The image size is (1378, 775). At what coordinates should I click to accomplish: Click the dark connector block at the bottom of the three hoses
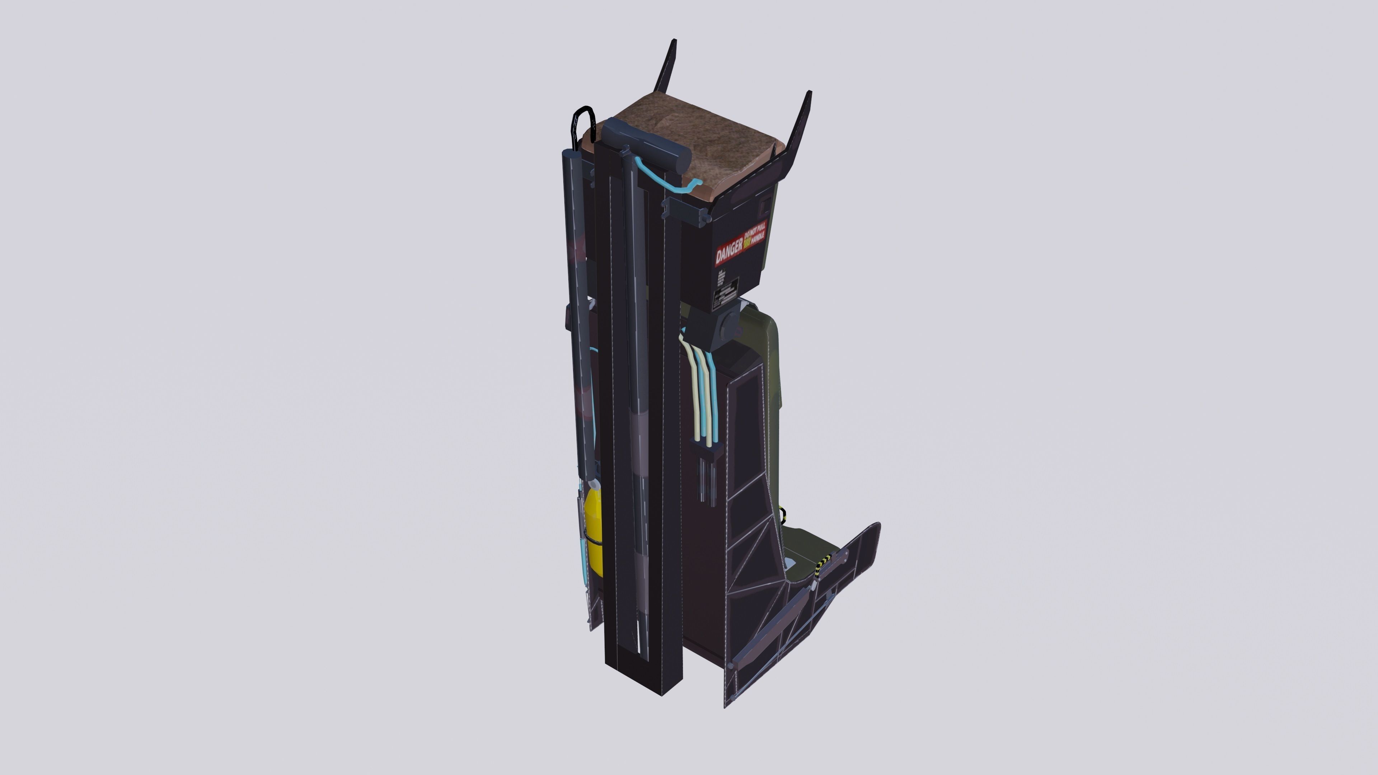click(707, 452)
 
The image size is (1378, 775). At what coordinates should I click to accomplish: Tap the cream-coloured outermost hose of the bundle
click(690, 385)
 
